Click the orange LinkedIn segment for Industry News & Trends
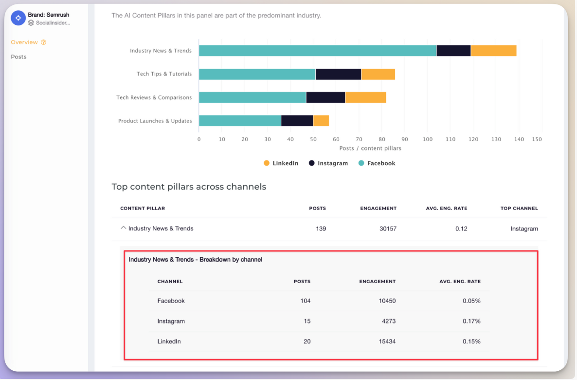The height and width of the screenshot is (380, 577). point(493,51)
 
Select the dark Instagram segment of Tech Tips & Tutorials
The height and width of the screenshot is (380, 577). point(338,74)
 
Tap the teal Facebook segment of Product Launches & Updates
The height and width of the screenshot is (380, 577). point(240,121)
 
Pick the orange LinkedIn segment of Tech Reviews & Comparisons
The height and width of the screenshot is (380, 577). point(365,97)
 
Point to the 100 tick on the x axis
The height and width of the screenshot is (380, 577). point(427,139)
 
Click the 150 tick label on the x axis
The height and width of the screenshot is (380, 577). point(537,139)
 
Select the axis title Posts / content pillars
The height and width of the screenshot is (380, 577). point(370,148)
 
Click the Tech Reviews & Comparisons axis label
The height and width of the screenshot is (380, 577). point(154,97)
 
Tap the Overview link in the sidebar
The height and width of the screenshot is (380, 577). point(24,42)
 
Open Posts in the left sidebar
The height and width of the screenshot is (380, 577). point(18,57)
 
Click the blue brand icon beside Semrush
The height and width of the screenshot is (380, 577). point(18,18)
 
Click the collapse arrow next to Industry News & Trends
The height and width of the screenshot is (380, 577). point(123,228)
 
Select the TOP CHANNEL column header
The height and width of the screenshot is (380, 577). point(519,208)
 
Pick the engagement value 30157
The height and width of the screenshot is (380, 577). point(388,228)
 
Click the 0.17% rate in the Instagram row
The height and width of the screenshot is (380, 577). point(471,321)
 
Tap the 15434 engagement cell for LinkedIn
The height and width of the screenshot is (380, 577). point(387,342)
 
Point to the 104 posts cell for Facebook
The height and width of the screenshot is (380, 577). point(305,301)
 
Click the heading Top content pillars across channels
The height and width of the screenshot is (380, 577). point(189,187)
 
